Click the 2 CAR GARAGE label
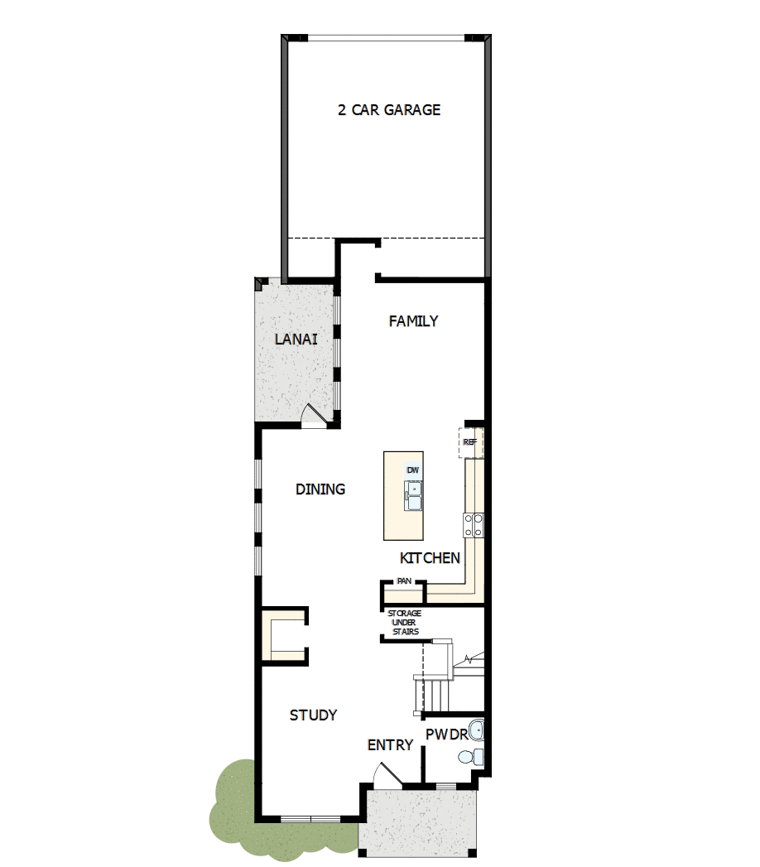click(389, 110)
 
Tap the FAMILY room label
click(413, 321)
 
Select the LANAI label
click(296, 339)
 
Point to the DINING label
click(320, 489)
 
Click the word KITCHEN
click(430, 558)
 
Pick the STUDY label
click(313, 715)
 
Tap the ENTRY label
click(390, 745)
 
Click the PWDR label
click(446, 735)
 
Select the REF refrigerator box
click(470, 442)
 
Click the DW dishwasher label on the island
click(412, 470)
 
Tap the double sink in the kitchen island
click(413, 495)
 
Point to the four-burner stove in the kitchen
click(474, 525)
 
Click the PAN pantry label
click(404, 581)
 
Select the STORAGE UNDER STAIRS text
click(404, 623)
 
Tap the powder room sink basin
click(476, 730)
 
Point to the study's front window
click(310, 819)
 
